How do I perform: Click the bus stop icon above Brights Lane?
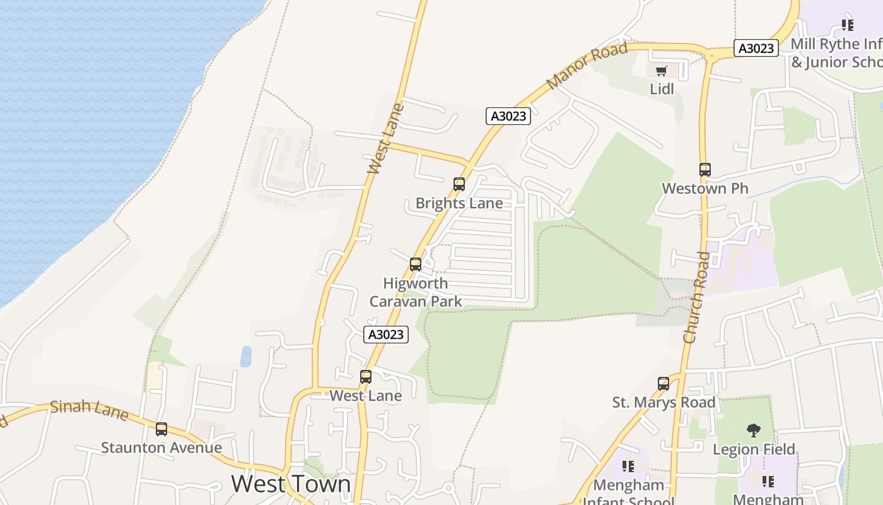459,184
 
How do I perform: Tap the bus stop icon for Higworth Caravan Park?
416,264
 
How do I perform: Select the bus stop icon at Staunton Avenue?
161,429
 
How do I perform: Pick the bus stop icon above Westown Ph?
705,170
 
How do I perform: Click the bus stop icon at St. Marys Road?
664,384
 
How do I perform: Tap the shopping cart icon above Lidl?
661,71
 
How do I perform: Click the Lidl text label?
662,89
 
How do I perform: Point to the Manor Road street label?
587,66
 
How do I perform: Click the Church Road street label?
696,297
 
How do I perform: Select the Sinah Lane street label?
89,410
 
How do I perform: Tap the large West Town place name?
291,484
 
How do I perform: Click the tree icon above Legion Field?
753,431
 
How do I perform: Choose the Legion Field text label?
753,449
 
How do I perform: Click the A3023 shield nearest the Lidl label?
756,48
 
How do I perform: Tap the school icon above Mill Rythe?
847,25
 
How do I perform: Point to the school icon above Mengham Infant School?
628,466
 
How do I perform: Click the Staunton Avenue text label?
161,448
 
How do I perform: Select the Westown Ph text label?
705,188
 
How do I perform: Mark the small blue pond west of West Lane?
246,357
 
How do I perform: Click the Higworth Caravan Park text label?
416,292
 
